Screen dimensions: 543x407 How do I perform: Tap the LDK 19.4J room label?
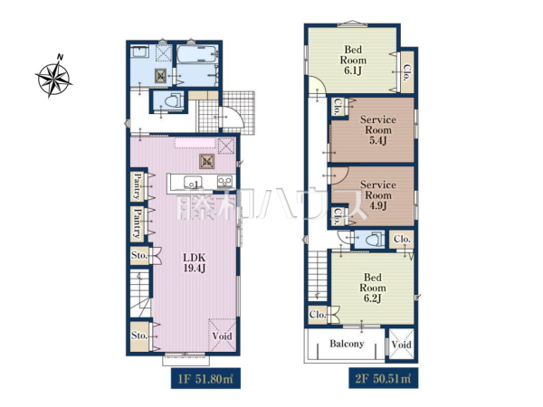pyautogui.click(x=195, y=262)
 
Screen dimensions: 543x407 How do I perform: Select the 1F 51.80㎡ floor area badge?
pyautogui.click(x=205, y=378)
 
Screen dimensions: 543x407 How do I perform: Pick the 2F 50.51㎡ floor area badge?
pyautogui.click(x=384, y=378)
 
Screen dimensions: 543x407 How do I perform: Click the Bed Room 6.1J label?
pyautogui.click(x=353, y=61)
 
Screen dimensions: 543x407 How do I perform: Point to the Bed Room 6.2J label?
pyautogui.click(x=373, y=288)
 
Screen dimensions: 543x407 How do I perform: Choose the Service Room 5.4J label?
pyautogui.click(x=377, y=130)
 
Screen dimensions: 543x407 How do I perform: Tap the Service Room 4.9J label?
pyautogui.click(x=377, y=194)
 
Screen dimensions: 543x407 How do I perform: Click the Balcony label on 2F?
pyautogui.click(x=347, y=344)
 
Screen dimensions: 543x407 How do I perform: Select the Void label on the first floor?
pyautogui.click(x=222, y=336)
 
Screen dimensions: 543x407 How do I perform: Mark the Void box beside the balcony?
pyautogui.click(x=401, y=344)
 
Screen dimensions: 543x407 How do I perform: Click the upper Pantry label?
pyautogui.click(x=138, y=186)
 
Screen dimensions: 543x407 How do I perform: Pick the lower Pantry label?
pyautogui.click(x=138, y=223)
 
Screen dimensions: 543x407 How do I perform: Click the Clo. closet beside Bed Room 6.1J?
pyautogui.click(x=407, y=72)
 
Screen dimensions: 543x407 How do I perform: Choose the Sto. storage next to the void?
pyautogui.click(x=139, y=336)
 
